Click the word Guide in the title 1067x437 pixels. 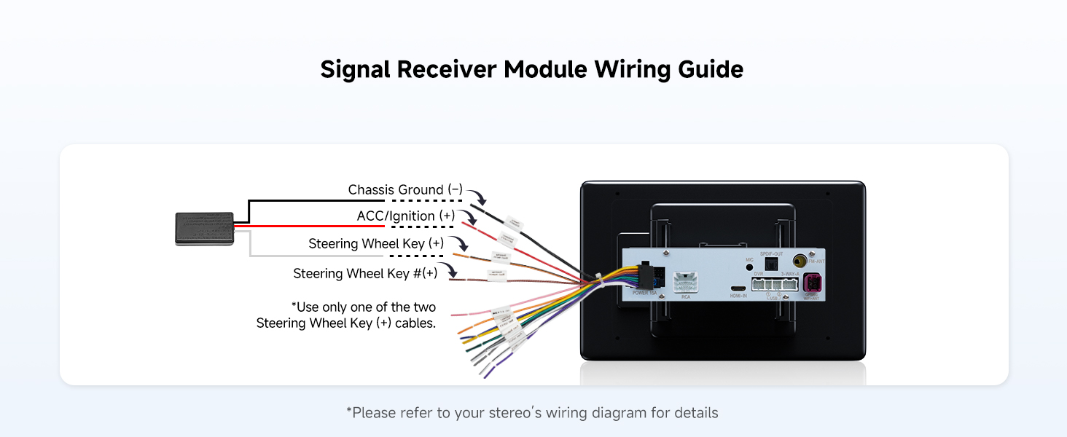click(x=706, y=70)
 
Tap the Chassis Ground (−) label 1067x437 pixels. click(x=405, y=190)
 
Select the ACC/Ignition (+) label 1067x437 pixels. click(x=406, y=216)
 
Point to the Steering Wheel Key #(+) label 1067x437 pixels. click(x=365, y=274)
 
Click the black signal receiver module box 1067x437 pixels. click(x=204, y=228)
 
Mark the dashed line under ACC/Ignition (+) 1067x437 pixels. click(x=417, y=227)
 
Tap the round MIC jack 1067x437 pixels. click(x=749, y=268)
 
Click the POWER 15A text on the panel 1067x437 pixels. click(x=643, y=293)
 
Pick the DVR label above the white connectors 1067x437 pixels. click(x=759, y=273)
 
